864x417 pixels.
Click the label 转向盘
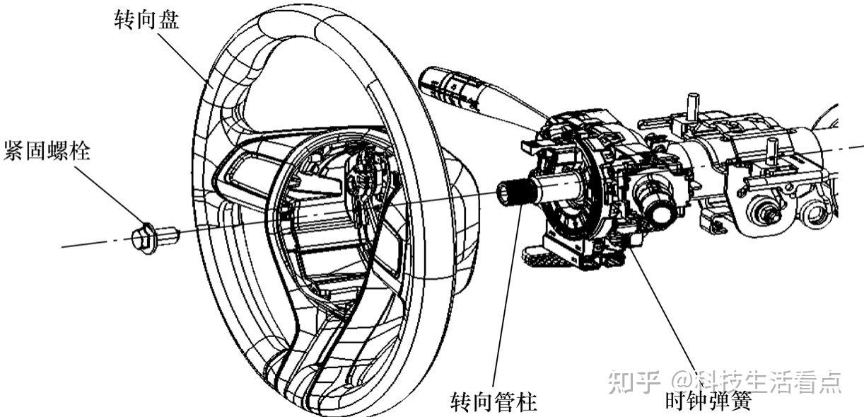(x=147, y=20)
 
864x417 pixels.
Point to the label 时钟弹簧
(x=707, y=402)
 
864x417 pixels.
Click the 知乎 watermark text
(x=625, y=382)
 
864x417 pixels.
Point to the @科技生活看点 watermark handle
(x=757, y=382)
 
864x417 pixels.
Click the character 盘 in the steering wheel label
(x=168, y=20)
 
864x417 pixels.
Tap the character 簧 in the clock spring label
(x=738, y=402)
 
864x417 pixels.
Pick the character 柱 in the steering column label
(x=526, y=402)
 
